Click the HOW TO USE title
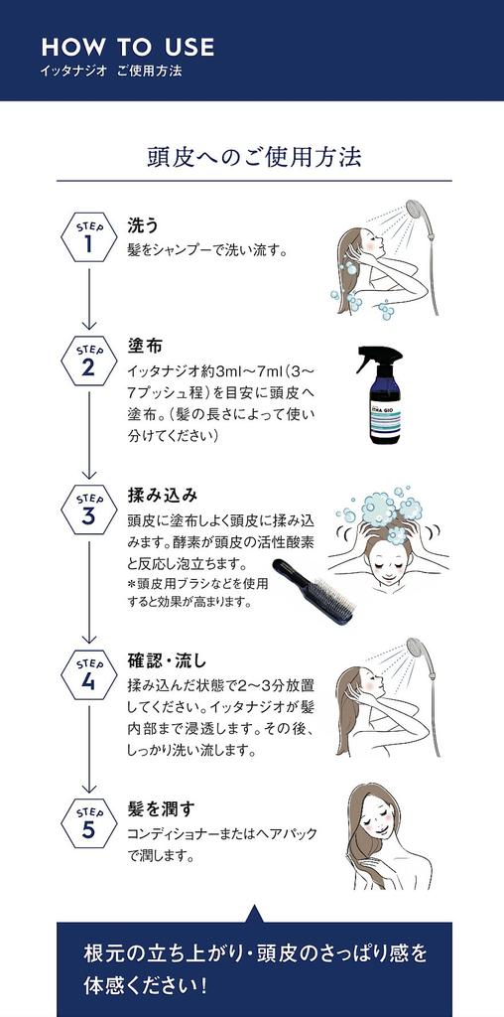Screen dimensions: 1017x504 point(127,47)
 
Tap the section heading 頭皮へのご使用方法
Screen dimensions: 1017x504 point(253,157)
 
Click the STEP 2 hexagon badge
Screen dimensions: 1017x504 point(89,363)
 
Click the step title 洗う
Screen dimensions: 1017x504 point(143,224)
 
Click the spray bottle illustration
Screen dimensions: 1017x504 point(378,394)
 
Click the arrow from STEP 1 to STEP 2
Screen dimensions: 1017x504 point(89,298)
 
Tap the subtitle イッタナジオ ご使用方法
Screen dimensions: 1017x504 point(111,72)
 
